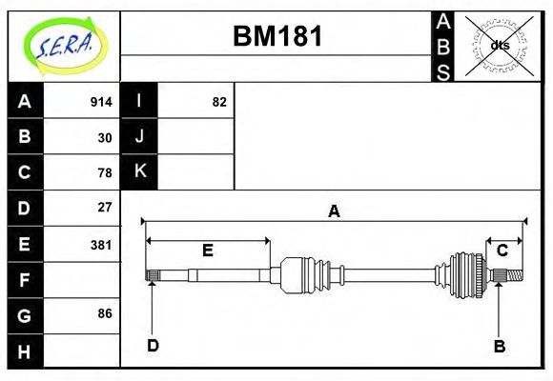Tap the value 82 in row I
(219, 102)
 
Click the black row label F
(25, 280)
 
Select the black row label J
(139, 136)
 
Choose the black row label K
(139, 171)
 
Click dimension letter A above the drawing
(334, 211)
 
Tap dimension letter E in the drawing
(207, 251)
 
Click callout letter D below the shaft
(153, 345)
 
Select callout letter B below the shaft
(499, 346)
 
